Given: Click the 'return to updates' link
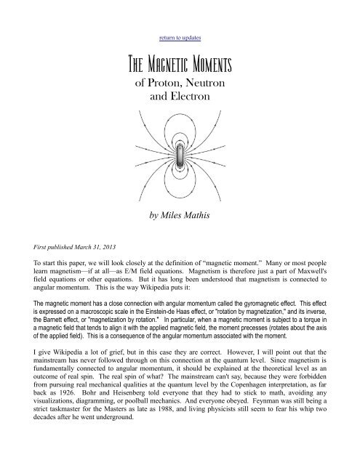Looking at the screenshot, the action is (x=179, y=35).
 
